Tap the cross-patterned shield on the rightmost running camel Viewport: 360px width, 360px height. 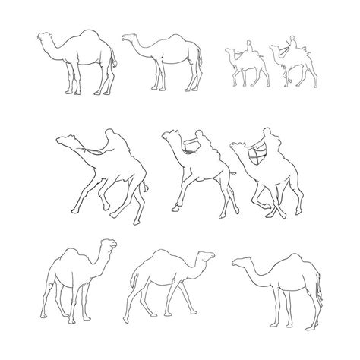255,156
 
